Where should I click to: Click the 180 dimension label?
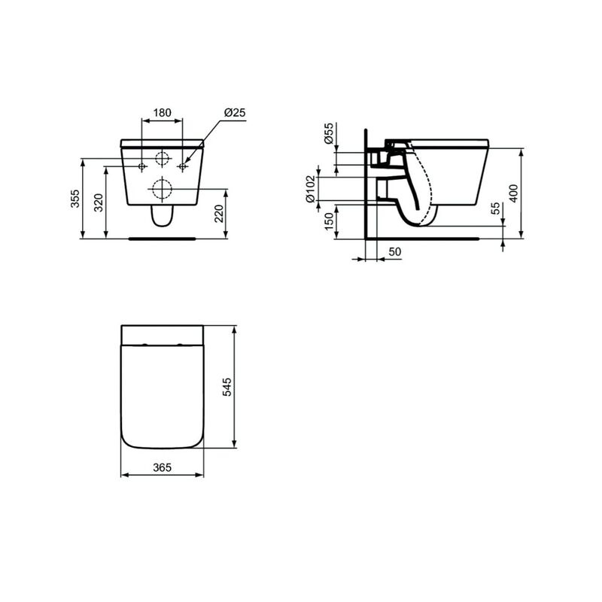[x=162, y=113]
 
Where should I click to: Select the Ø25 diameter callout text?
[x=235, y=113]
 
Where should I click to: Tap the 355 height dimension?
[x=75, y=199]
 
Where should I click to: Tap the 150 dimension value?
[x=329, y=222]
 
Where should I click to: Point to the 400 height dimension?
[x=514, y=193]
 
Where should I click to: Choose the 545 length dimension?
[x=228, y=387]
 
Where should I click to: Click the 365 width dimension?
[x=163, y=467]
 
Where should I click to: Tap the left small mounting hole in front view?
[x=142, y=166]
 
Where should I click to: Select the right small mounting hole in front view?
[x=181, y=166]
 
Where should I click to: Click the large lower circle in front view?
[x=162, y=187]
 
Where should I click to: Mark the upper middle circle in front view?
[x=162, y=159]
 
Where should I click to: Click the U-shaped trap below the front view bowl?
[x=162, y=217]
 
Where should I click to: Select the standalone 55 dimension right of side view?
[x=495, y=208]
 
